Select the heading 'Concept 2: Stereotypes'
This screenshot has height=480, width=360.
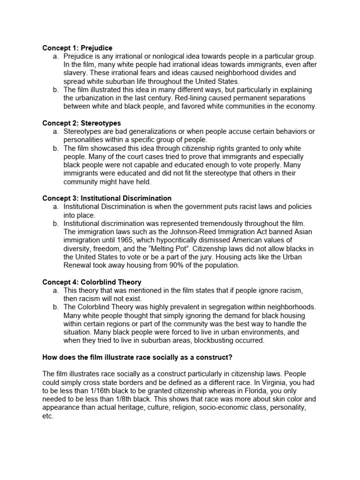(x=82, y=123)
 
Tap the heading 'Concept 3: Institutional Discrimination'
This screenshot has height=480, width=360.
(x=107, y=198)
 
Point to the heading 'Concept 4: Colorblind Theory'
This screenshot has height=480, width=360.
(x=91, y=282)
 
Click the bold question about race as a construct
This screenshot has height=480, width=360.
(x=137, y=357)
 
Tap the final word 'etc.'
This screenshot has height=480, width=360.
(x=48, y=416)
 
